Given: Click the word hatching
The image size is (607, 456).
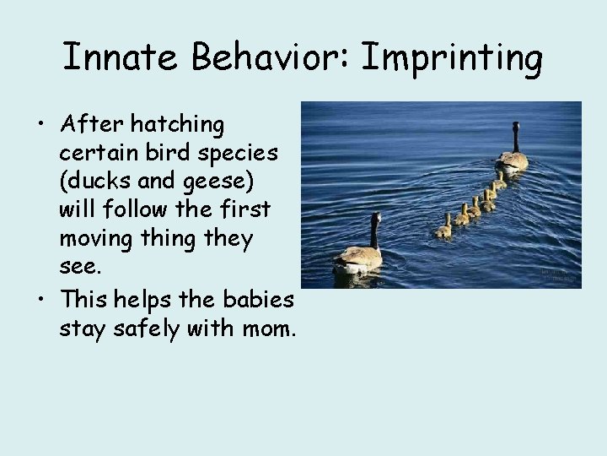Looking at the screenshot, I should (x=180, y=126).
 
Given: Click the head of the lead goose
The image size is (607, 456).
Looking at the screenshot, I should (x=516, y=127).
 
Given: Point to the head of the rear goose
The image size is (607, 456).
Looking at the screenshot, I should (x=375, y=218).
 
